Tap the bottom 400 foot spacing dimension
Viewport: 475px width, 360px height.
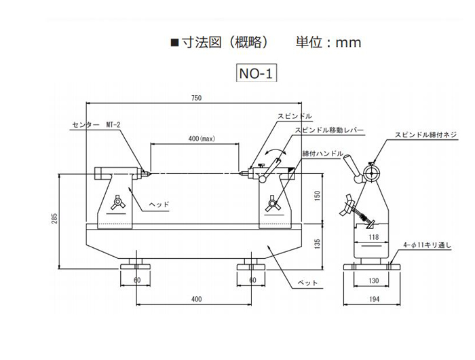[196, 299]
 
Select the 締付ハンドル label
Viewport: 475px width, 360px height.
[323, 154]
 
